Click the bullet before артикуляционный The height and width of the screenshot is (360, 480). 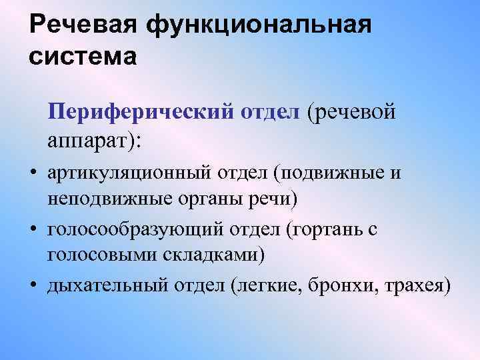point(32,174)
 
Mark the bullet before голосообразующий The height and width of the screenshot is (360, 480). point(32,230)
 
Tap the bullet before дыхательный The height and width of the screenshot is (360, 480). point(32,286)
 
